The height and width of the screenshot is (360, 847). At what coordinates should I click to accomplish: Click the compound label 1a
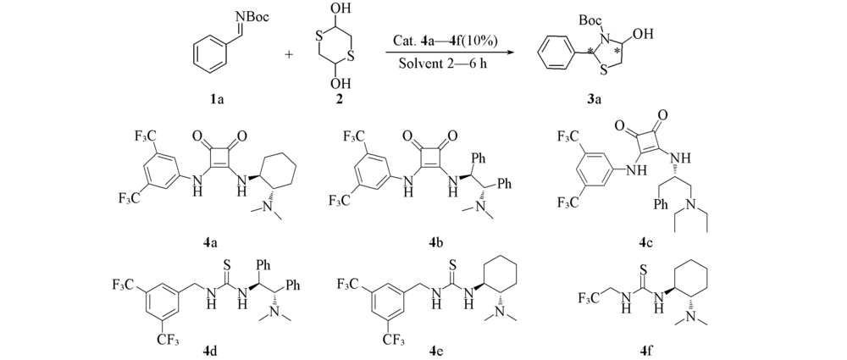click(219, 99)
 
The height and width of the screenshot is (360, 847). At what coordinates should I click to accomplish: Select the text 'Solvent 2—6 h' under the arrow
click(438, 64)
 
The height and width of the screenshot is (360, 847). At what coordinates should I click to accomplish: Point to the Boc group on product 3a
click(590, 20)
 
